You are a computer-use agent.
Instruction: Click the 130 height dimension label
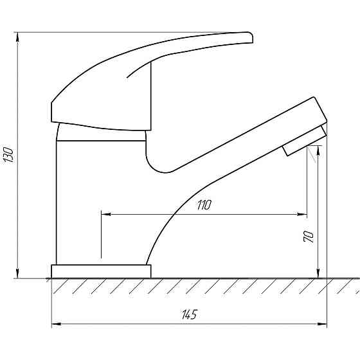9,155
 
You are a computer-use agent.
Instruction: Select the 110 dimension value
204,205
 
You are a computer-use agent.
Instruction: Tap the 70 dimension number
309,237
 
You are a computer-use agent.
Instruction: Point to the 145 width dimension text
190,314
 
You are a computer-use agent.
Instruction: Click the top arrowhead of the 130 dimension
17,37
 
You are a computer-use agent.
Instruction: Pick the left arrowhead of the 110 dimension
106,215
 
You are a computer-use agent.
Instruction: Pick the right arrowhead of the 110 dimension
302,215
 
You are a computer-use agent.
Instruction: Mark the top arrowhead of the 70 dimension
318,150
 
